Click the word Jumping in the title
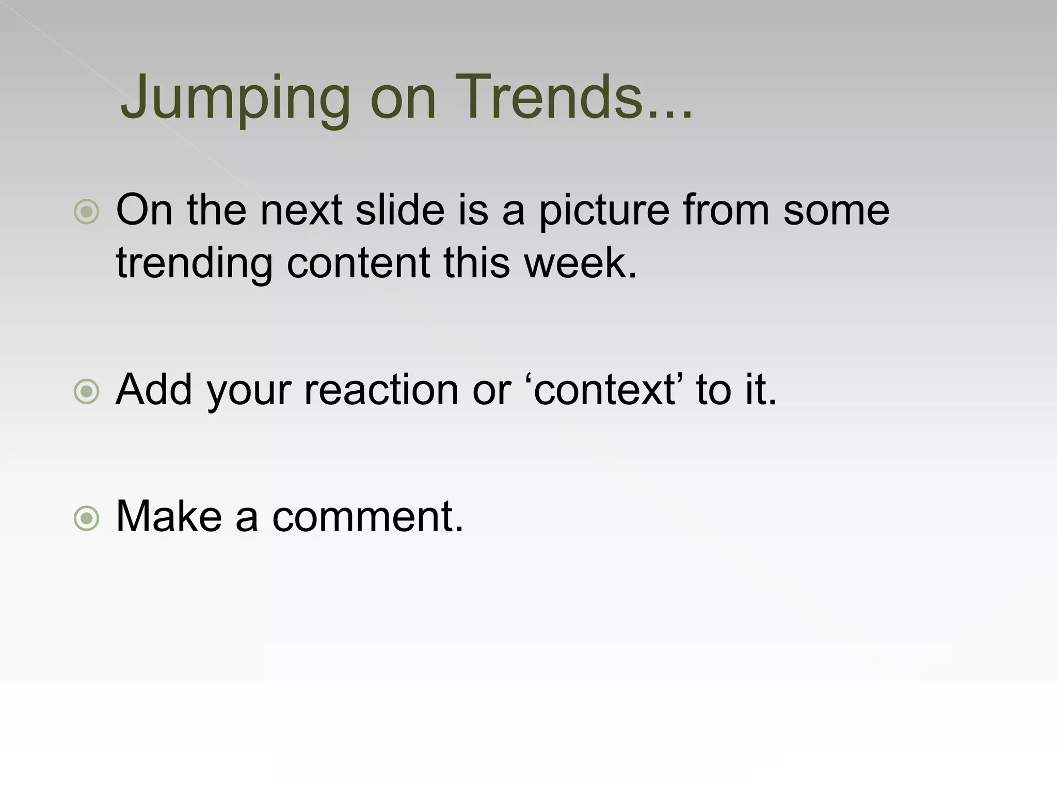tap(235, 98)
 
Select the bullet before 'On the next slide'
tap(86, 212)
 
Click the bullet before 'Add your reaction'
tap(86, 392)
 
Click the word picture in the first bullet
tap(604, 212)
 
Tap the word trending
tap(194, 263)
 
